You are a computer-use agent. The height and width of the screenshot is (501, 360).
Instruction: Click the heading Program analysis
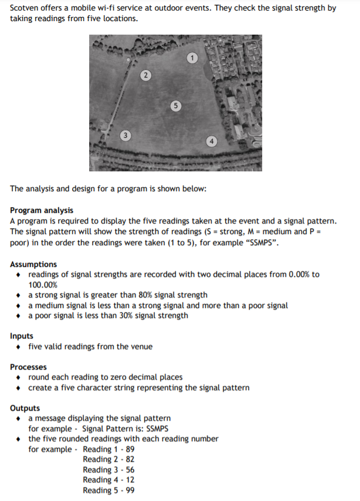tap(42, 210)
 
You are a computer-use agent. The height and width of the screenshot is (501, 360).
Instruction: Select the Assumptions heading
tap(33, 264)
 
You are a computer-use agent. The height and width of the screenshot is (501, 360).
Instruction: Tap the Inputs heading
tap(22, 336)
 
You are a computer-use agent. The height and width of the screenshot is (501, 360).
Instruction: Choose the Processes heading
tap(28, 367)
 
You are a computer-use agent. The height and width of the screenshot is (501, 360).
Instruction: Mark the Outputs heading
tap(25, 408)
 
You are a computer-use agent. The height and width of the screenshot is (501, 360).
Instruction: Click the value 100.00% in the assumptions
tap(43, 285)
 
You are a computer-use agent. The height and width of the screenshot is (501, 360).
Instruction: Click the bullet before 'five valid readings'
tap(21, 347)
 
